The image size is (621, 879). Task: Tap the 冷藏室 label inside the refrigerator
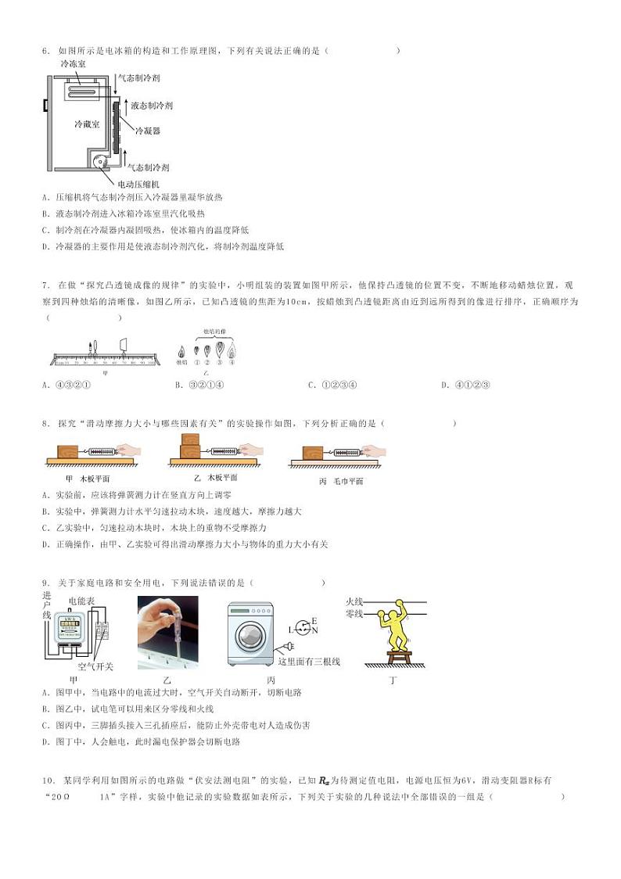pyautogui.click(x=86, y=124)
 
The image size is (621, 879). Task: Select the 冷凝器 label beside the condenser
pyautogui.click(x=148, y=131)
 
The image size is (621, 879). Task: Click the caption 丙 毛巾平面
pyautogui.click(x=341, y=481)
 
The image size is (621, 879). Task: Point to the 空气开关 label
pyautogui.click(x=98, y=666)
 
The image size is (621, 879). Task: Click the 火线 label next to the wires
pyautogui.click(x=354, y=601)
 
